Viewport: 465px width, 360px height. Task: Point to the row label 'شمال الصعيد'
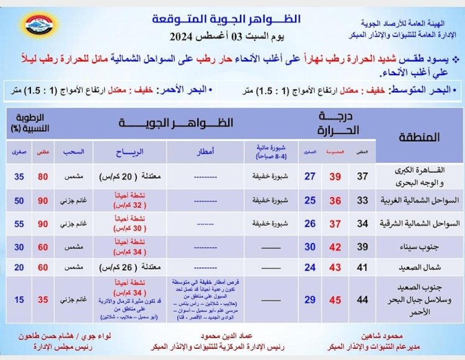point(417,269)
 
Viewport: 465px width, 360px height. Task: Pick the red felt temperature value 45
point(335,300)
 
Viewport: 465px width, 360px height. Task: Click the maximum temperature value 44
point(363,300)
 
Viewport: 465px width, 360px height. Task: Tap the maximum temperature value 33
point(363,201)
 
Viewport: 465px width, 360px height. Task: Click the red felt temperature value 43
point(335,269)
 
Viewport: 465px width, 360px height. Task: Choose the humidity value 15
point(20,300)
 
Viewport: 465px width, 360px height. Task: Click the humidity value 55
point(20,224)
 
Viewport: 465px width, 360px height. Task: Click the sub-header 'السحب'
point(73,151)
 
